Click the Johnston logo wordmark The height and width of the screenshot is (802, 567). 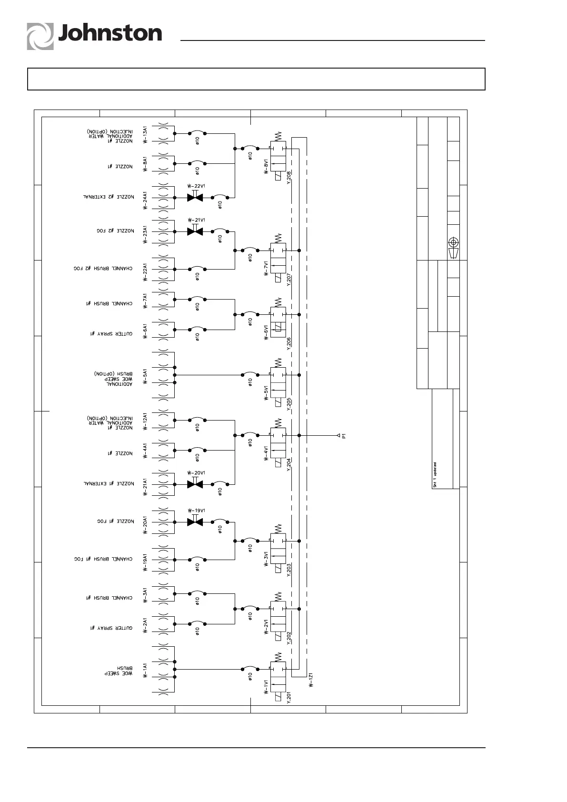click(x=109, y=34)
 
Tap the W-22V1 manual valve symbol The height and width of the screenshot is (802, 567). click(x=195, y=197)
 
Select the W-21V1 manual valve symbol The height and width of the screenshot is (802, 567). click(x=195, y=231)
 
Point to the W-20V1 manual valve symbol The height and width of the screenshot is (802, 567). click(x=195, y=484)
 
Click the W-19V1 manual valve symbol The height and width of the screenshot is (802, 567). click(x=195, y=522)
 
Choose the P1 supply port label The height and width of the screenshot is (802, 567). click(x=344, y=435)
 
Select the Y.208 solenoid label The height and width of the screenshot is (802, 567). click(x=288, y=177)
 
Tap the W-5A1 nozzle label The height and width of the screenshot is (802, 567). click(x=145, y=375)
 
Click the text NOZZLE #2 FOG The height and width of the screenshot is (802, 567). click(x=116, y=231)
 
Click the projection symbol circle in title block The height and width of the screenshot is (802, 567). click(x=454, y=241)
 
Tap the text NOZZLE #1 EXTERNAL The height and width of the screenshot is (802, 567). click(x=109, y=484)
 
